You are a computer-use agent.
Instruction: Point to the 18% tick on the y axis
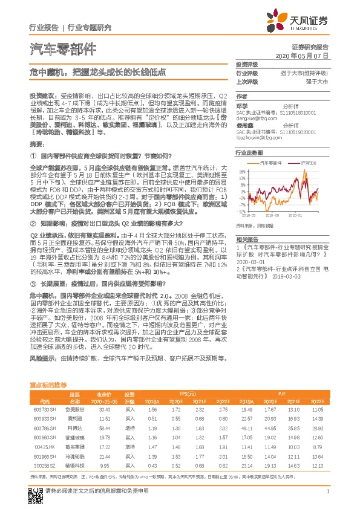pyautogui.click(x=241, y=171)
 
